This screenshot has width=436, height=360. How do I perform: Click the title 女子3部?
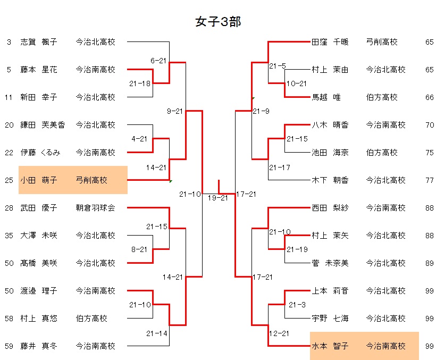pyautogui.click(x=219, y=22)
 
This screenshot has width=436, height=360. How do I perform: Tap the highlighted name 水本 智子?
pyautogui.click(x=330, y=346)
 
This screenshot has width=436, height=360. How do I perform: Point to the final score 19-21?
pyautogui.click(x=217, y=198)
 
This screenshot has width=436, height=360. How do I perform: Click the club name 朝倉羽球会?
pyautogui.click(x=95, y=208)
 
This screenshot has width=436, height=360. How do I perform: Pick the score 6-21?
pyautogui.click(x=159, y=61)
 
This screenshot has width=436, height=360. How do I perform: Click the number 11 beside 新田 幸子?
pyautogui.click(x=9, y=97)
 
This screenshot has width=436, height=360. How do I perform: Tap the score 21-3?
pyautogui.click(x=297, y=305)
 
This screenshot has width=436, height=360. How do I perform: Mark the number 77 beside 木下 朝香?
pyautogui.click(x=430, y=180)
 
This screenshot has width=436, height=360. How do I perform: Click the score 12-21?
pyautogui.click(x=279, y=333)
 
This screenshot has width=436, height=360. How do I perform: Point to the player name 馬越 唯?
pyautogui.click(x=326, y=97)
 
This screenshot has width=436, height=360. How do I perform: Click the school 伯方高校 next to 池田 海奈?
pyautogui.click(x=381, y=153)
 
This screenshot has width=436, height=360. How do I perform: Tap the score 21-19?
pyautogui.click(x=297, y=249)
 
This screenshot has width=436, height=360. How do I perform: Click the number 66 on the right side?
pyautogui.click(x=430, y=97)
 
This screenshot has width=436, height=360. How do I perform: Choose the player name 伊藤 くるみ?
pyautogui.click(x=40, y=153)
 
